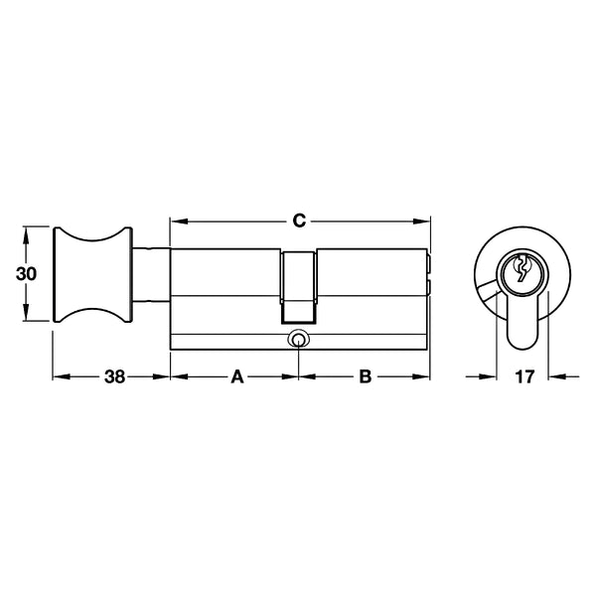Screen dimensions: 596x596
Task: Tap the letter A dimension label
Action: coord(236,377)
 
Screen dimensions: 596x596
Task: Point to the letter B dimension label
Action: coord(365,377)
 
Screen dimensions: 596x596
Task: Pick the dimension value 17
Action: coord(523,377)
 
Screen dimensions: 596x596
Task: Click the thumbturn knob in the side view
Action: coord(91,274)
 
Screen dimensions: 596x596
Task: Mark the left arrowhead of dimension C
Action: coord(176,220)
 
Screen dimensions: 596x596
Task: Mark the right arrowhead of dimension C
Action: coord(424,220)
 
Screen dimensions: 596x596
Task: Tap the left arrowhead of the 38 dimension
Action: coord(58,377)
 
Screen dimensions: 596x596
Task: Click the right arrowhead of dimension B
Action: coord(424,377)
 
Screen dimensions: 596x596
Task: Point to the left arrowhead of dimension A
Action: coord(176,377)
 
